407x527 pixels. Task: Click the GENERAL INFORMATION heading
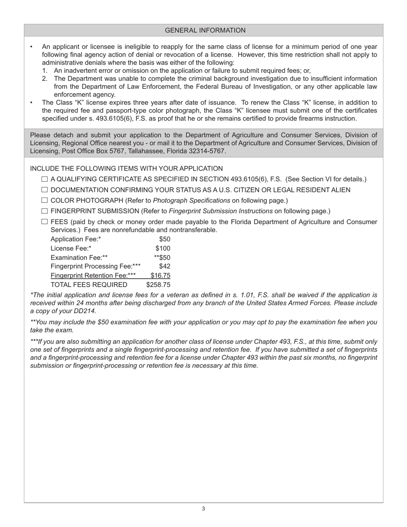point(205,30)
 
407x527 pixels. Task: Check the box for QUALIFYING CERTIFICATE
point(45,180)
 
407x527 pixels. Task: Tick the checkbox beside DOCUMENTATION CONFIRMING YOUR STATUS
point(45,190)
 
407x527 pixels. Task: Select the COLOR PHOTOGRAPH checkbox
point(45,201)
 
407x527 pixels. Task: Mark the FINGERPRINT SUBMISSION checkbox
point(45,211)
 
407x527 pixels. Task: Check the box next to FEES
point(45,222)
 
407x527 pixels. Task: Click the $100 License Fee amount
point(163,249)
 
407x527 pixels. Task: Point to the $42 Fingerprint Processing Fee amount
point(165,266)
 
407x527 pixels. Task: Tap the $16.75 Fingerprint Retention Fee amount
point(160,275)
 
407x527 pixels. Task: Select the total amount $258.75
point(158,285)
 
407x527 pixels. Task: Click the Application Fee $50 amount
point(165,239)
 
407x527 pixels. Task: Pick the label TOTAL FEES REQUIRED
point(89,285)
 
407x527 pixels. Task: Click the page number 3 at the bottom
point(203,509)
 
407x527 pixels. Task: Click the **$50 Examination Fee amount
point(162,258)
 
